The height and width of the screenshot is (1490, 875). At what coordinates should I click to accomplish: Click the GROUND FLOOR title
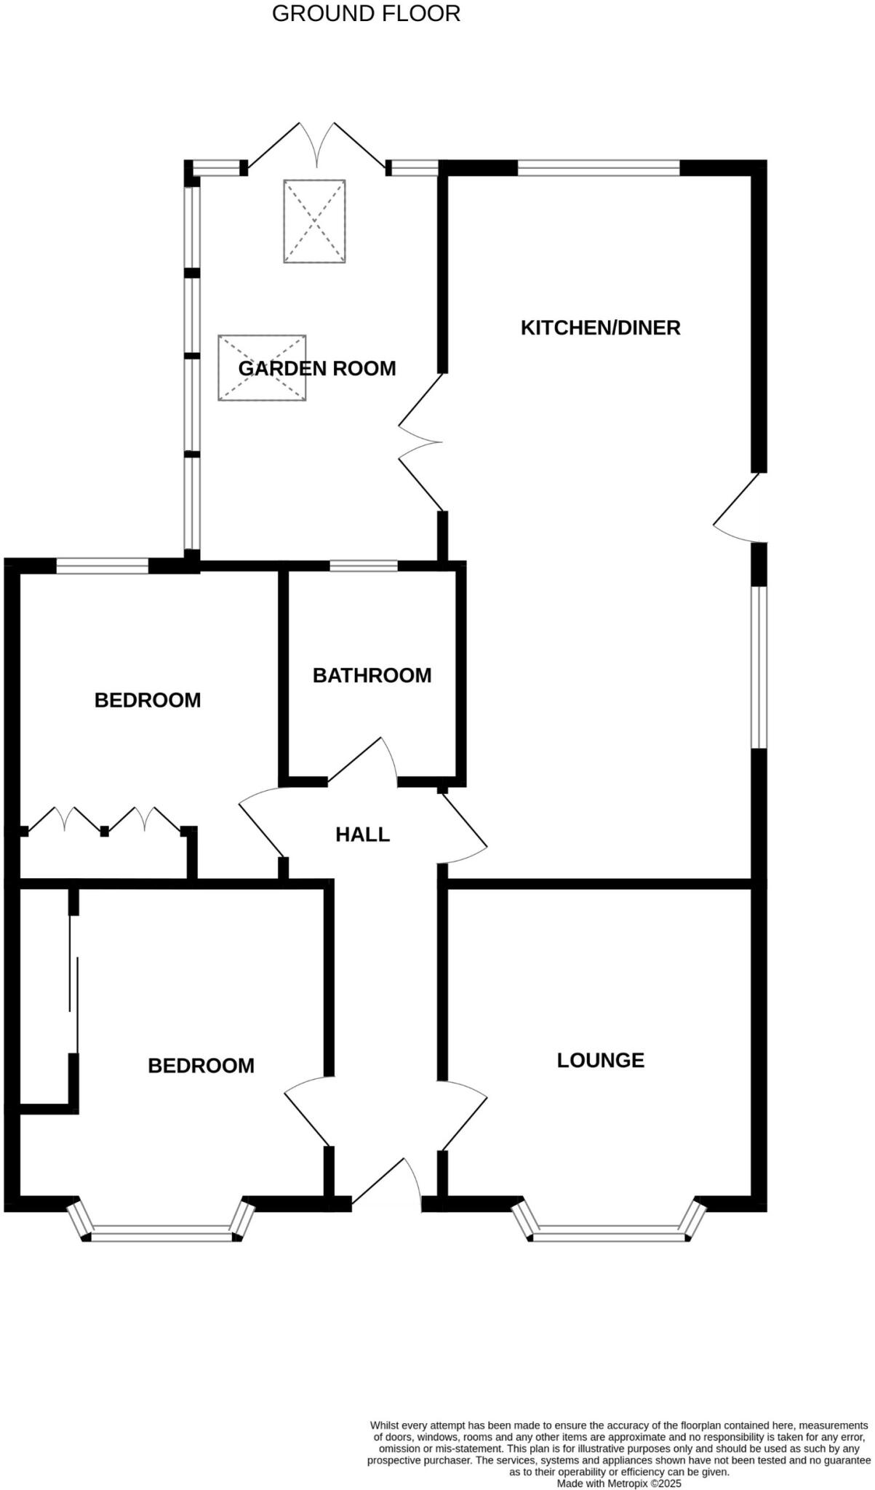click(366, 14)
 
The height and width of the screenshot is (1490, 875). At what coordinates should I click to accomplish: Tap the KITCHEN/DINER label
click(600, 327)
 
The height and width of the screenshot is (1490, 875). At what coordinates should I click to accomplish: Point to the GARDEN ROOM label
click(317, 368)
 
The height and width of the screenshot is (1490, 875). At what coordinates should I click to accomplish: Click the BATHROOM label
click(372, 675)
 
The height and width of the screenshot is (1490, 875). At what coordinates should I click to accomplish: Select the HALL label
click(362, 834)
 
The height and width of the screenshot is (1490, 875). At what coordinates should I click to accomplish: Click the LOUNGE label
click(600, 1060)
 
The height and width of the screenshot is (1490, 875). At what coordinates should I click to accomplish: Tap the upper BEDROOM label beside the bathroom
click(148, 700)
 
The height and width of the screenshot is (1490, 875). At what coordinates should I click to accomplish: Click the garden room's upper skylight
click(314, 220)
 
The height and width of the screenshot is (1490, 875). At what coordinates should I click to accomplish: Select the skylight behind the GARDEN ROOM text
click(262, 367)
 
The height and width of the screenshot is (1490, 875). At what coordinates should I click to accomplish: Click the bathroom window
click(364, 565)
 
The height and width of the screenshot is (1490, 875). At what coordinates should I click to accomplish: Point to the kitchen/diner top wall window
click(598, 169)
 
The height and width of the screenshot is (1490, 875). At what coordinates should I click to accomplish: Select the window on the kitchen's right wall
click(759, 667)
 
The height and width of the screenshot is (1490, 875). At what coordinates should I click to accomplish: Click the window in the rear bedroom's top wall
click(103, 565)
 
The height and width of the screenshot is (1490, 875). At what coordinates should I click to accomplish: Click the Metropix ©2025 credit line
click(619, 1483)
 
